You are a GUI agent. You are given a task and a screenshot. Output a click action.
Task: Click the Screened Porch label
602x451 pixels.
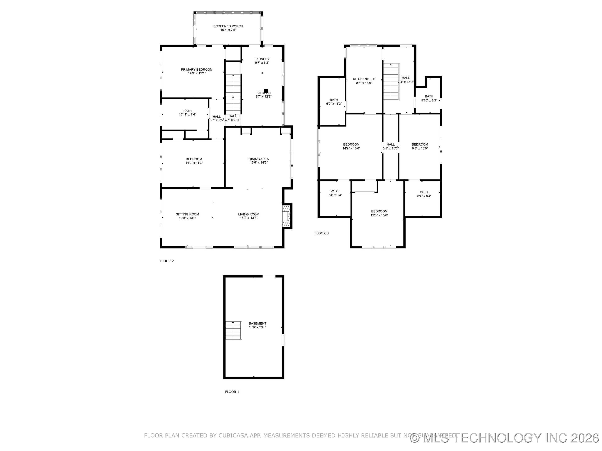pyautogui.click(x=228, y=26)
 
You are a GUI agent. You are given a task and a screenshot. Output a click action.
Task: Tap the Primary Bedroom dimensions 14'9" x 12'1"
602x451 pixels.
pyautogui.click(x=196, y=73)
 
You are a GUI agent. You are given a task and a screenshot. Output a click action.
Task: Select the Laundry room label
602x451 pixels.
pyautogui.click(x=262, y=59)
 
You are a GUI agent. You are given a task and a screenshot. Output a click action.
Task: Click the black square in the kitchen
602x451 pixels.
pyautogui.click(x=266, y=91)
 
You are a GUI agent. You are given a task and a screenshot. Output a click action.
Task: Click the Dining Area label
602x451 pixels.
pyautogui.click(x=259, y=159)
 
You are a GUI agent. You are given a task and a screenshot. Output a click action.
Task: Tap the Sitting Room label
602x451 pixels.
pyautogui.click(x=187, y=214)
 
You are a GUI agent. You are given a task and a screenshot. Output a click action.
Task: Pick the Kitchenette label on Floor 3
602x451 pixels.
pyautogui.click(x=364, y=79)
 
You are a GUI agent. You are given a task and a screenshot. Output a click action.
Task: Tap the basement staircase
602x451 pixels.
pyautogui.click(x=233, y=330)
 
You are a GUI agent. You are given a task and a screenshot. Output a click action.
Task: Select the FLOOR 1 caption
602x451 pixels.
pyautogui.click(x=232, y=392)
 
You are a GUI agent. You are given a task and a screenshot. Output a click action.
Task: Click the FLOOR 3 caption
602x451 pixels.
pyautogui.click(x=321, y=233)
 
